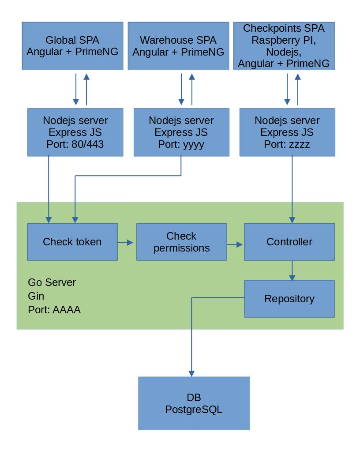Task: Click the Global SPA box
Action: pyautogui.click(x=72, y=46)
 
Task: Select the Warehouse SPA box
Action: pyautogui.click(x=178, y=46)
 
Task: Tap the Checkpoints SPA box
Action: pyautogui.click(x=284, y=46)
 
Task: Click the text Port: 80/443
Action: pyautogui.click(x=75, y=144)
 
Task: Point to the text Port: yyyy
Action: pyautogui.click(x=181, y=144)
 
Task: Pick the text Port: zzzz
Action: pyautogui.click(x=287, y=144)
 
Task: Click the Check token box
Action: pyautogui.click(x=72, y=242)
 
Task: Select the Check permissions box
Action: pyautogui.click(x=181, y=242)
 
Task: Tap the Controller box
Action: pyautogui.click(x=289, y=242)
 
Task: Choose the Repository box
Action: pyautogui.click(x=289, y=299)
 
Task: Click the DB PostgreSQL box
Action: pyautogui.click(x=194, y=403)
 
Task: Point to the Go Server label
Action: pyautogui.click(x=52, y=282)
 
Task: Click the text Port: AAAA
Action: pyautogui.click(x=54, y=310)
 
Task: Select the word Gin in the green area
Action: pyautogui.click(x=36, y=296)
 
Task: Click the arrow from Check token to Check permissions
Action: pyautogui.click(x=126, y=242)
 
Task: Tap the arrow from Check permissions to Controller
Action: pyautogui.click(x=235, y=244)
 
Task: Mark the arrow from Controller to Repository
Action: pyautogui.click(x=292, y=271)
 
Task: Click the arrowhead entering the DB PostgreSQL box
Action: pyautogui.click(x=191, y=373)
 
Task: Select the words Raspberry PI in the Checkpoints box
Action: pyautogui.click(x=284, y=40)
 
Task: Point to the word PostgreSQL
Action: pyautogui.click(x=194, y=410)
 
